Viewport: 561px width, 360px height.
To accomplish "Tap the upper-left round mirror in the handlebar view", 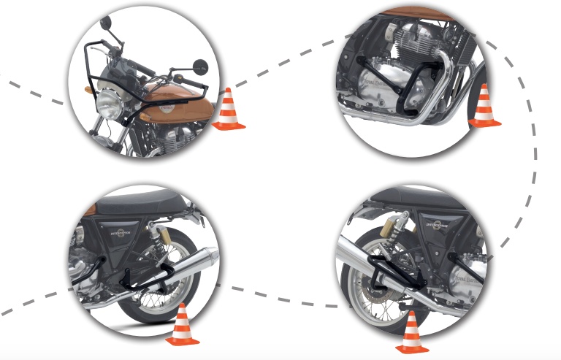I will pyautogui.click(x=106, y=21).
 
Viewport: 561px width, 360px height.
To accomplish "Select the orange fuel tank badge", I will pyautogui.click(x=167, y=107).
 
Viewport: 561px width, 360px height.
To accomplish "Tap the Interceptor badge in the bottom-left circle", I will pyautogui.click(x=119, y=234).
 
